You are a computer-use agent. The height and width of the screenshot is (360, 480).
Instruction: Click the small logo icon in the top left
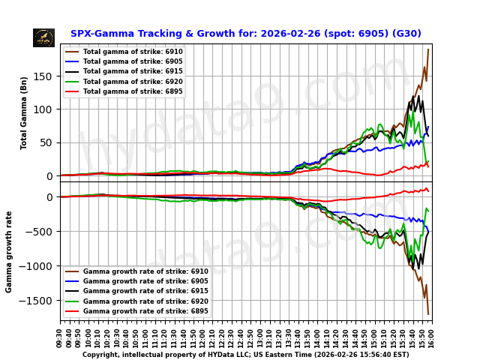(43, 37)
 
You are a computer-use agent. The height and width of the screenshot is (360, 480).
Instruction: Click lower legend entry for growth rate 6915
(145, 291)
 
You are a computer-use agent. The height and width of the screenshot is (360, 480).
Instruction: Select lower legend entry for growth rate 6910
(145, 271)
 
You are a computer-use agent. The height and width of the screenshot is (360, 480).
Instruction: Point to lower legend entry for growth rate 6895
(145, 310)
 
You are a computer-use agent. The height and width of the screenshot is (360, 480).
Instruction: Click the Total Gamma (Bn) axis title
(24, 112)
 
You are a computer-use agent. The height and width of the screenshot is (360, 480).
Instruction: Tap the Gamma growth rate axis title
(10, 251)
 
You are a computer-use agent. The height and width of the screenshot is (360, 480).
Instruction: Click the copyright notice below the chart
(245, 355)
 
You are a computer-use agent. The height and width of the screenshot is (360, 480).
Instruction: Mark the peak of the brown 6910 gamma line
(428, 49)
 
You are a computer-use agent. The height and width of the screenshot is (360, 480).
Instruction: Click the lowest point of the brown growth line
(428, 314)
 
